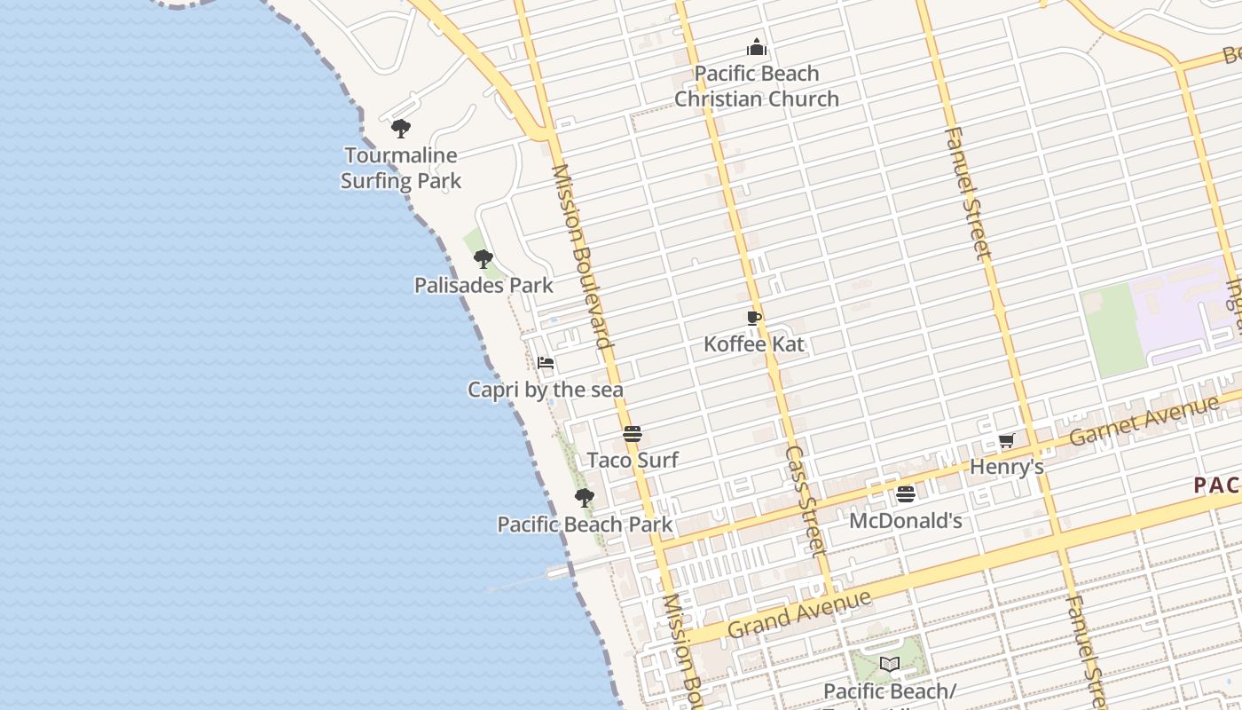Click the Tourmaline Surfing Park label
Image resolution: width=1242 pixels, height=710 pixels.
[x=401, y=168]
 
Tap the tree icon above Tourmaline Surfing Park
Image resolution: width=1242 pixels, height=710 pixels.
[x=401, y=129]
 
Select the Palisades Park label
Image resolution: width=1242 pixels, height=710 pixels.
[x=483, y=285]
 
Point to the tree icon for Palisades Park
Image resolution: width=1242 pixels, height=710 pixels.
[x=483, y=259]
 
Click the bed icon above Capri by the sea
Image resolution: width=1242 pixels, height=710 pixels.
[x=546, y=363]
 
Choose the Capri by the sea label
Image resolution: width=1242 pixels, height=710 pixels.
[x=546, y=390]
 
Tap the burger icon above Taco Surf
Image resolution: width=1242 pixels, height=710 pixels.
[x=633, y=434]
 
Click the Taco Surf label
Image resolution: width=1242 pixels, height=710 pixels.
[x=633, y=460]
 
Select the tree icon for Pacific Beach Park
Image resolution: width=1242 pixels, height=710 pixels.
[x=584, y=498]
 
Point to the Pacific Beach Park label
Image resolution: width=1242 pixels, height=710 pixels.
[x=585, y=524]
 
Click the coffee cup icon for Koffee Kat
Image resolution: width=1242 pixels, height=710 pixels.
[x=754, y=318]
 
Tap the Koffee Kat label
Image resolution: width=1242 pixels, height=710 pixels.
[x=754, y=343]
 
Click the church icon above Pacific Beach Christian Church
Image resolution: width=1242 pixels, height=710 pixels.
[x=756, y=47]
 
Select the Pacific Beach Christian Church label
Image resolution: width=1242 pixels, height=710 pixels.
[x=756, y=86]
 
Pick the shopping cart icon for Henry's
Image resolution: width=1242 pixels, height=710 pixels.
[x=1006, y=440]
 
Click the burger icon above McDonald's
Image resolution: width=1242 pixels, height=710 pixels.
[x=906, y=494]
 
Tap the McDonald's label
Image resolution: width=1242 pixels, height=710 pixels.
[x=906, y=521]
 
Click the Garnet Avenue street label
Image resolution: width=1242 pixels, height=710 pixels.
[x=1144, y=420]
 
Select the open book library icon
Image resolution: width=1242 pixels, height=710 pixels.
[x=890, y=664]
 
